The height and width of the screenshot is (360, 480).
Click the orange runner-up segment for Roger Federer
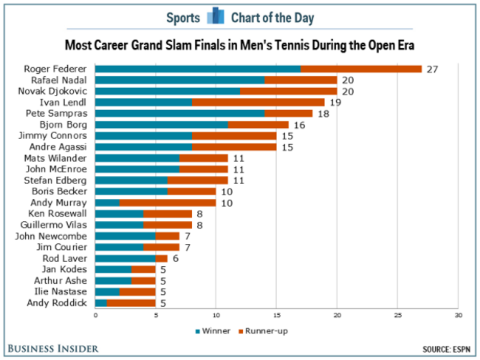(x=361, y=69)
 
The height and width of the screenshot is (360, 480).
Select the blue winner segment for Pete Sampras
(x=179, y=114)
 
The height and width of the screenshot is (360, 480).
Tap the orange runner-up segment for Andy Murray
(x=168, y=202)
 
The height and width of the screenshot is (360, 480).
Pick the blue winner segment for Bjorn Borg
(x=162, y=125)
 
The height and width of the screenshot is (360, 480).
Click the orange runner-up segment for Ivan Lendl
(x=258, y=102)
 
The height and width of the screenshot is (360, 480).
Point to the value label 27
(x=432, y=69)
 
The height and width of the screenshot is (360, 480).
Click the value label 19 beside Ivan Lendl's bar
(x=335, y=102)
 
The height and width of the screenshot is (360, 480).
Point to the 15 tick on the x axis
(x=276, y=316)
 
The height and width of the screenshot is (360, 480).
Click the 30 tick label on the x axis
(x=458, y=316)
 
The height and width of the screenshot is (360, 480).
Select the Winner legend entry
(x=214, y=331)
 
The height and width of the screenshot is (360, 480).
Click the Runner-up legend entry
(x=262, y=331)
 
